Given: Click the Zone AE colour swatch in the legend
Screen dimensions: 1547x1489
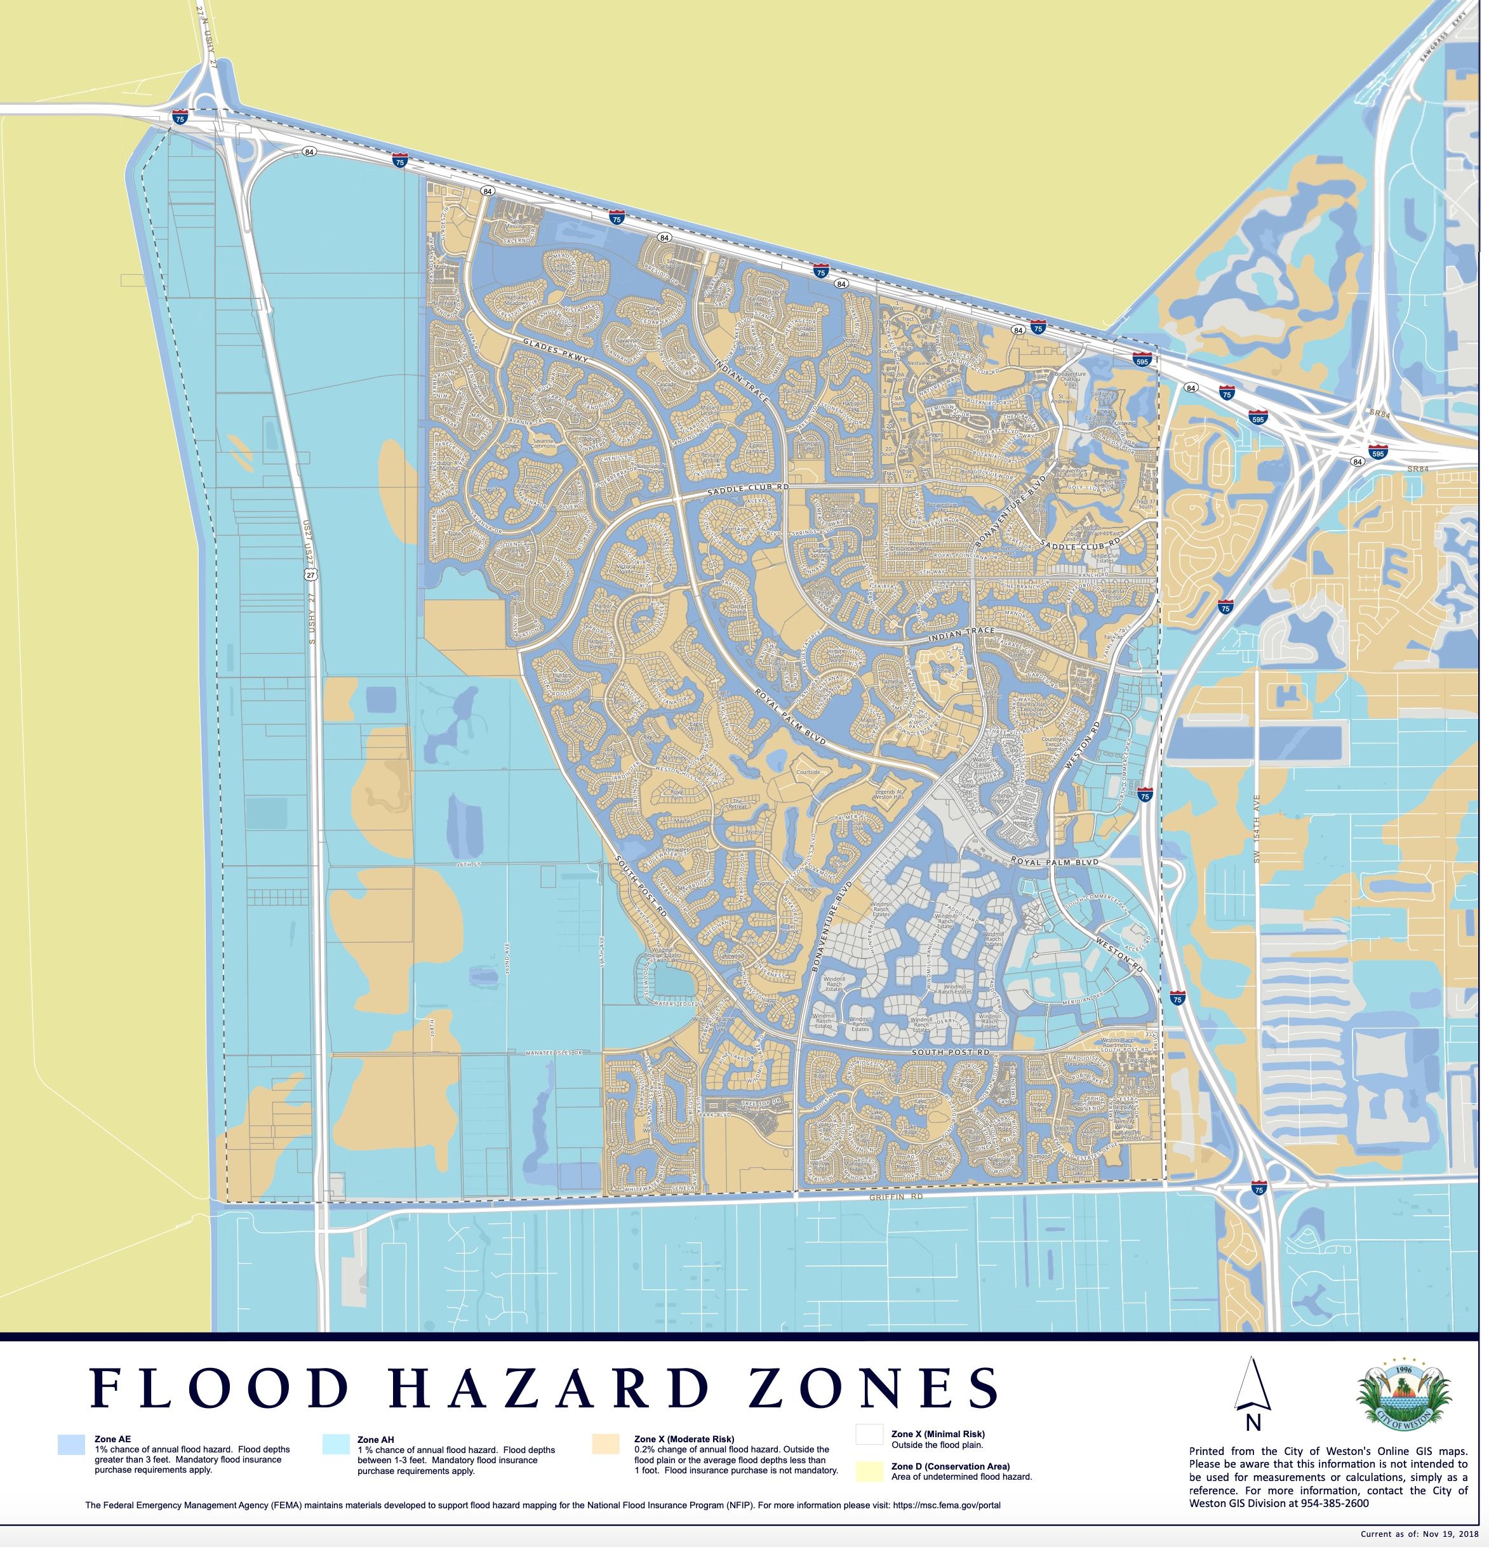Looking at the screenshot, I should pyautogui.click(x=71, y=1444).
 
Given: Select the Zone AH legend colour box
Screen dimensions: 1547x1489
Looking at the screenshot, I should pyautogui.click(x=335, y=1444).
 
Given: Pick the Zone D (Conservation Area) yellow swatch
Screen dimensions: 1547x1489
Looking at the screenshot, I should pyautogui.click(x=869, y=1471).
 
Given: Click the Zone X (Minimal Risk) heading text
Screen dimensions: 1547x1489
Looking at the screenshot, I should pyautogui.click(x=938, y=1434).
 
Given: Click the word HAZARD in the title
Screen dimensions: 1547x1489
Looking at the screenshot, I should pyautogui.click(x=548, y=1388).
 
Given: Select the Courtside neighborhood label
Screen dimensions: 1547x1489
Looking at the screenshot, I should pyautogui.click(x=808, y=772).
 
